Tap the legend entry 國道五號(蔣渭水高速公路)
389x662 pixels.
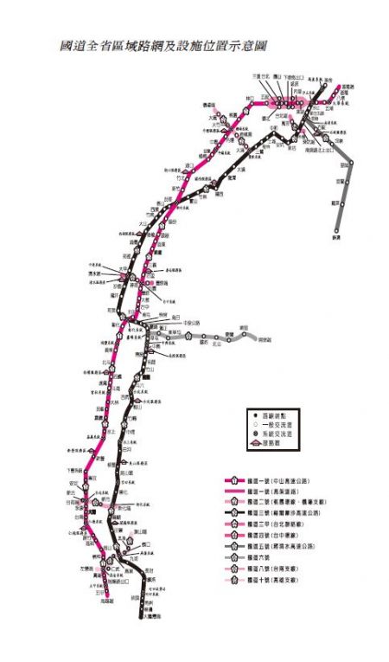277,547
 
